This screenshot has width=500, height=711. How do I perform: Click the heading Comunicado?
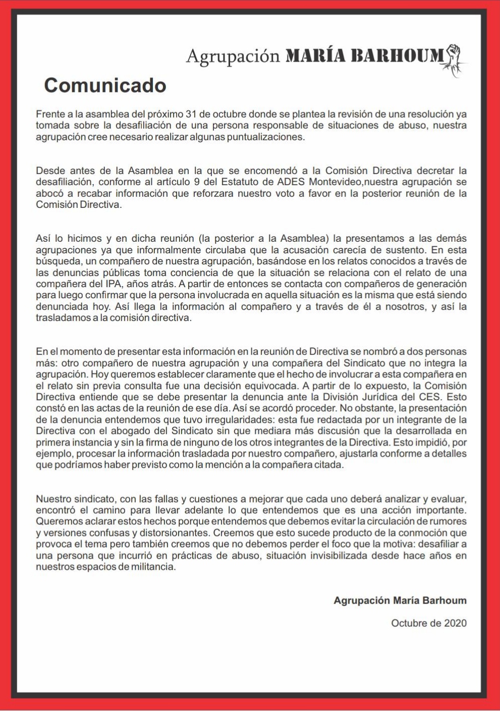pyautogui.click(x=105, y=85)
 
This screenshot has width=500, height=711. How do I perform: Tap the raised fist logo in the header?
pyautogui.click(x=455, y=60)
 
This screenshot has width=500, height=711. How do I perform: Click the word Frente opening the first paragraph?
pyautogui.click(x=49, y=114)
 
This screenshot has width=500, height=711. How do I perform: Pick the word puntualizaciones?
pyautogui.click(x=273, y=137)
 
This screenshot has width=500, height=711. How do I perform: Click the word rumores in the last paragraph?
pyautogui.click(x=446, y=521)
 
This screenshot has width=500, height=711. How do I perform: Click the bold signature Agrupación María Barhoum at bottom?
pyautogui.click(x=400, y=600)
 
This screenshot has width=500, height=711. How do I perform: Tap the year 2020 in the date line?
pyautogui.click(x=455, y=623)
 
